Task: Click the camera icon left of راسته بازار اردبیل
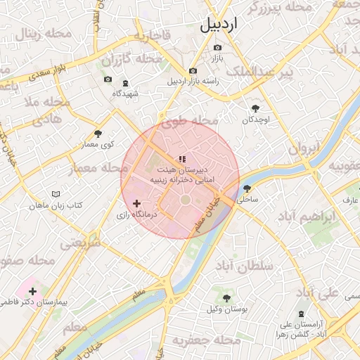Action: [193, 70]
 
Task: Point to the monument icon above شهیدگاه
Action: [125, 84]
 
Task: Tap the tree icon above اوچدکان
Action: [255, 108]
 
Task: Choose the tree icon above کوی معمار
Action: [98, 134]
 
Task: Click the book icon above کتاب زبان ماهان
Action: [56, 194]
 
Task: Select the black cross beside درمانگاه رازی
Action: [136, 203]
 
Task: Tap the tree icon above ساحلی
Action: [247, 188]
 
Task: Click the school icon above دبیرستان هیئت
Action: [181, 159]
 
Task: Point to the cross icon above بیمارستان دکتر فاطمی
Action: [32, 290]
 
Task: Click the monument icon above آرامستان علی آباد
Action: [301, 313]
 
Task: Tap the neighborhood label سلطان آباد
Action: [244, 266]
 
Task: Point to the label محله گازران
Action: [125, 59]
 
